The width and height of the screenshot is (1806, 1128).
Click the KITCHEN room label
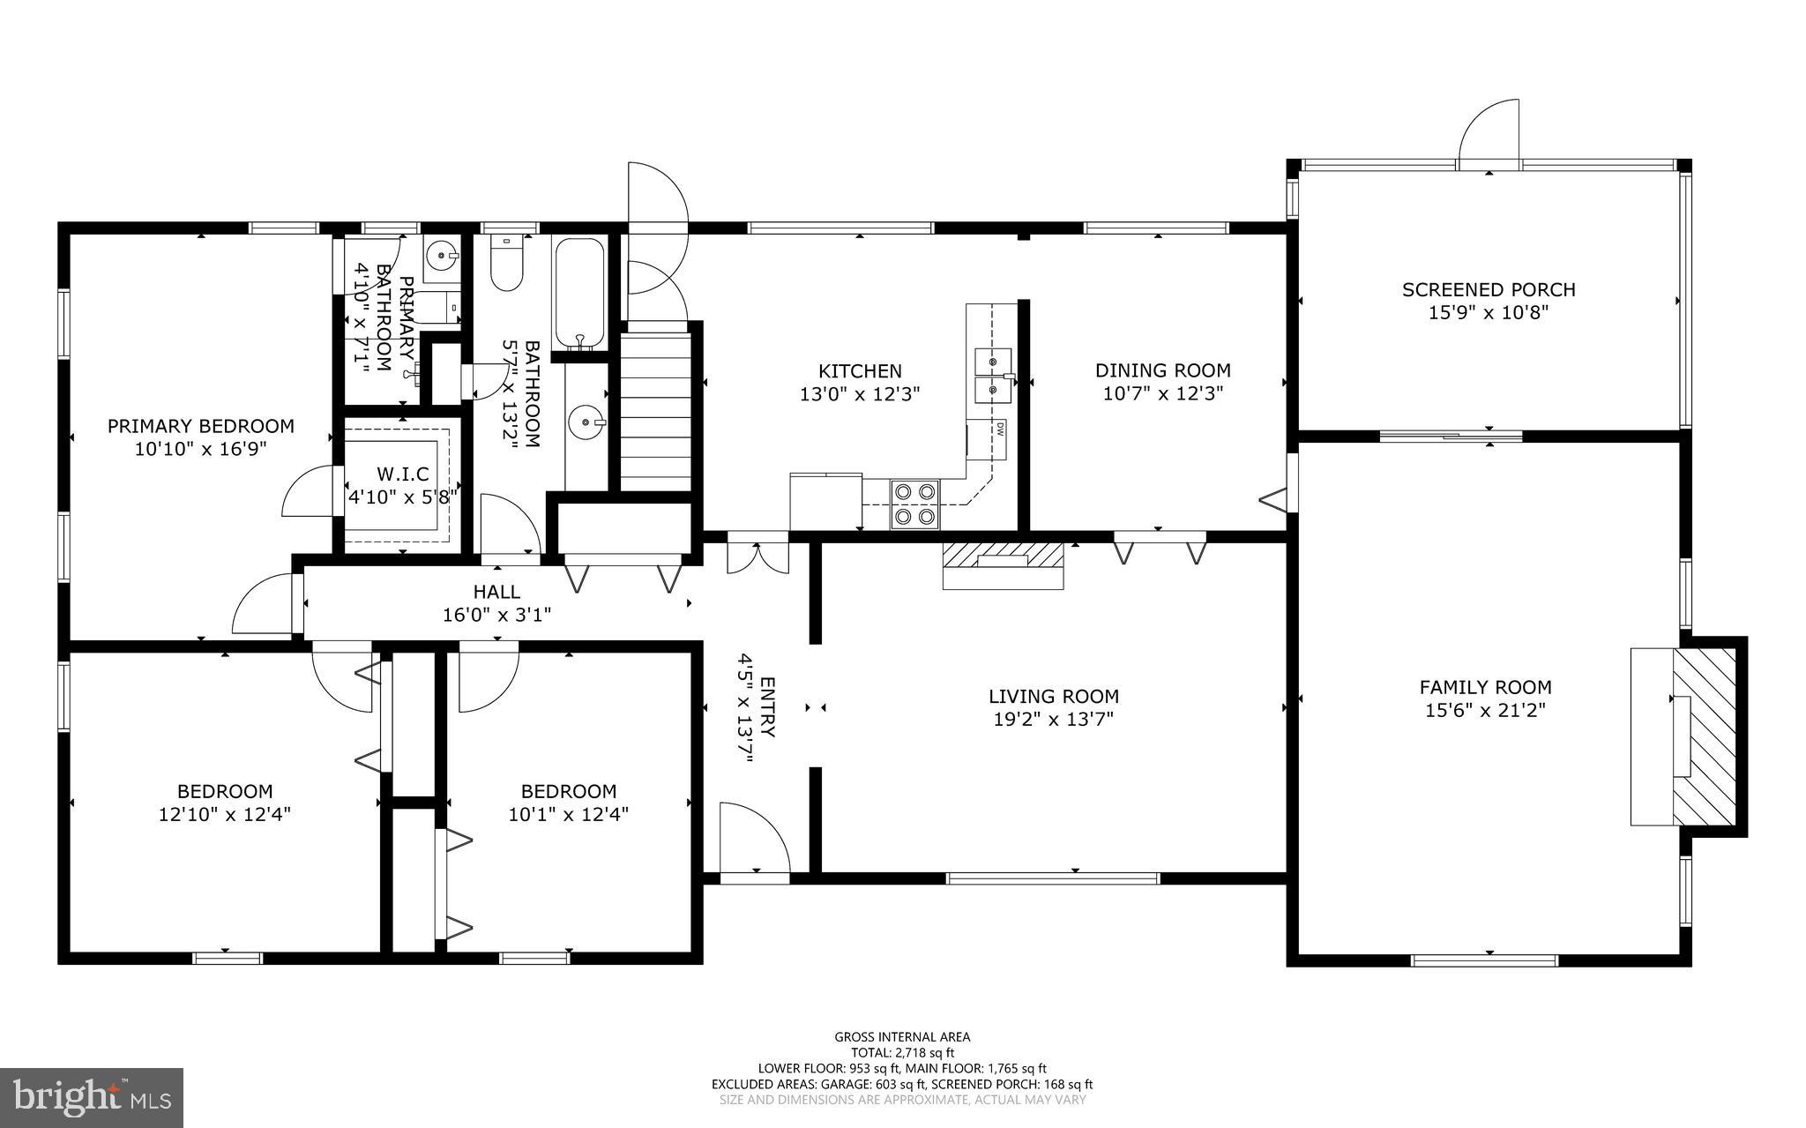click(860, 371)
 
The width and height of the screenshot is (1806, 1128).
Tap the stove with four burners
click(914, 504)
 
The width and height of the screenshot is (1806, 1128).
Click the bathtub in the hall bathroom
click(578, 293)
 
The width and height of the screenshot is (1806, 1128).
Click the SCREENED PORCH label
click(1489, 289)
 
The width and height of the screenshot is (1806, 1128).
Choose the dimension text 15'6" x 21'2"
click(1485, 710)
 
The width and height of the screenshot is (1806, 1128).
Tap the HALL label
click(496, 592)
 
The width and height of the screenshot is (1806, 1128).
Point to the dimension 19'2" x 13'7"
click(1053, 719)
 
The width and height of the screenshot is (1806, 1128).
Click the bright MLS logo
click(92, 1097)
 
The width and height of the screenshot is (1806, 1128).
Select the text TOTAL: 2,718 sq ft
click(902, 1052)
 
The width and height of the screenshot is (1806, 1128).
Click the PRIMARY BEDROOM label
click(201, 426)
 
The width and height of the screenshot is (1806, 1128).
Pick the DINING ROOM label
click(1162, 371)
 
